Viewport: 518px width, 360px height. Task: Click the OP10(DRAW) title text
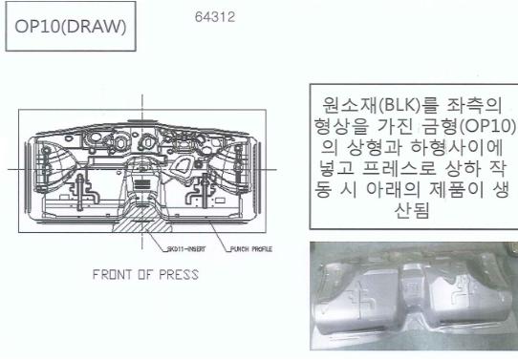(x=71, y=27)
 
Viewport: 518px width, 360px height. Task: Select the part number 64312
(x=215, y=17)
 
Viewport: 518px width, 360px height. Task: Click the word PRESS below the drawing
(x=179, y=275)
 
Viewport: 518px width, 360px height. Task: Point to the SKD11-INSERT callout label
(x=186, y=249)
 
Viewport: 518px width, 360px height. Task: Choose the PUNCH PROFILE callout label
(x=251, y=249)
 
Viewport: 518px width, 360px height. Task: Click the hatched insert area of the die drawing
(x=142, y=222)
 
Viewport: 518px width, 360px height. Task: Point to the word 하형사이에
(x=457, y=147)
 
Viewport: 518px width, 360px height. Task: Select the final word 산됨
(x=412, y=210)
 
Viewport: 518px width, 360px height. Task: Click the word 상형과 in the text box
(x=375, y=147)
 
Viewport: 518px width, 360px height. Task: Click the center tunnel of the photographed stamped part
(x=411, y=290)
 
